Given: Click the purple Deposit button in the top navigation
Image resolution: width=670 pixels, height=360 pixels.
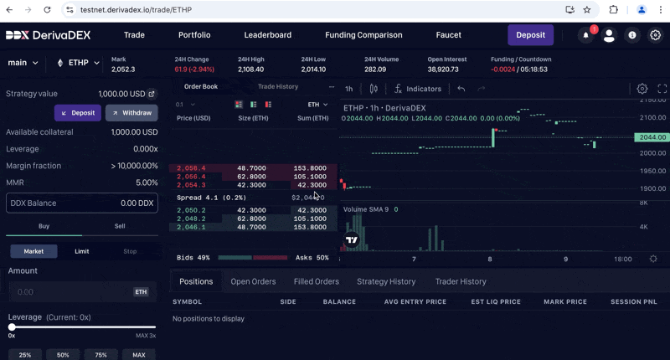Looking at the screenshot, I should tap(530, 35).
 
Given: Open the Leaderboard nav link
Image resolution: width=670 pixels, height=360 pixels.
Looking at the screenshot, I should tap(268, 35).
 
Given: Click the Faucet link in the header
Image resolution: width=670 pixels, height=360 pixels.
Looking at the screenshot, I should tap(449, 35).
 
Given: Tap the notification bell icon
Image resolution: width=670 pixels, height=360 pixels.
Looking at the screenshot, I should tap(585, 35).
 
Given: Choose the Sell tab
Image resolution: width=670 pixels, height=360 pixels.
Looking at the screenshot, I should tap(120, 226).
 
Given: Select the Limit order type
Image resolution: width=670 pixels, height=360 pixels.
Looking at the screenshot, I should tap(82, 251).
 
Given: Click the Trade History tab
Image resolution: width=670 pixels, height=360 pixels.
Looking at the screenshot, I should tap(278, 87).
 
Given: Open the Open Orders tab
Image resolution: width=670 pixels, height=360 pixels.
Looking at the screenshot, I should tap(253, 282).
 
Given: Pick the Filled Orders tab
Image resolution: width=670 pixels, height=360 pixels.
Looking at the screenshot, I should tap(316, 282).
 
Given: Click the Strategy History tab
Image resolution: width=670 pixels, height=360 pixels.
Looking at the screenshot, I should tap(386, 282).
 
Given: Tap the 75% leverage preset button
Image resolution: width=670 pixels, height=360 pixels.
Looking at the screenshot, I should tap(100, 355).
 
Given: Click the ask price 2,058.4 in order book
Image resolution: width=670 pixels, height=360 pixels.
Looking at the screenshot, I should tap(191, 168).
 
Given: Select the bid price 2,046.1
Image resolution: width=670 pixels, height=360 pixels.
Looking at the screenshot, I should tap(191, 227).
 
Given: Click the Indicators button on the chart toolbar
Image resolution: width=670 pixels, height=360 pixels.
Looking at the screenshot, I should tap(418, 89).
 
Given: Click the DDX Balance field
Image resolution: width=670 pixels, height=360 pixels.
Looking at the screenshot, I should tap(81, 203).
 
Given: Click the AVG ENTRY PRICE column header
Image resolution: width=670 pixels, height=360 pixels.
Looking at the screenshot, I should tap(415, 301).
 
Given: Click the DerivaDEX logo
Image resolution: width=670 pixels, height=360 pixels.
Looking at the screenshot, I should tap(49, 35).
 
